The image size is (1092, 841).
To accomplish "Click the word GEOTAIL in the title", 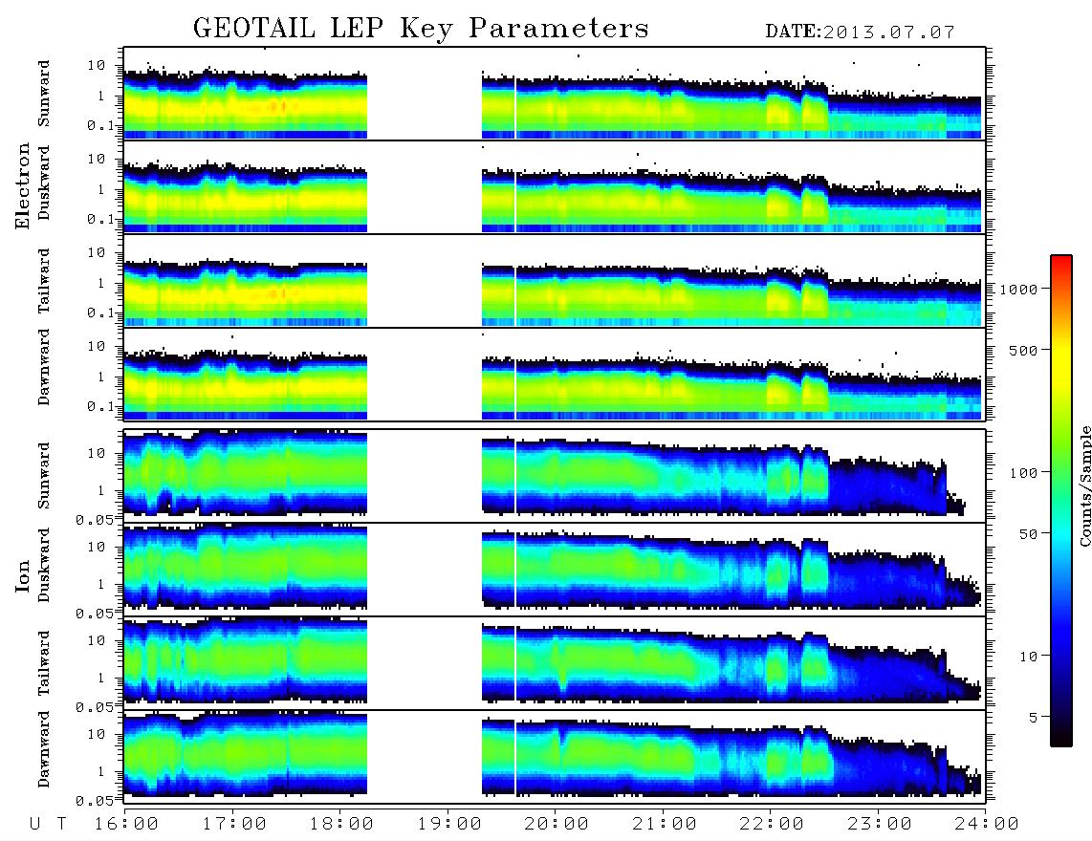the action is click(x=254, y=29).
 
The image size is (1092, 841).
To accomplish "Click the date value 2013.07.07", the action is click(x=888, y=32).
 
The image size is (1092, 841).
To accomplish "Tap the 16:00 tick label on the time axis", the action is click(x=127, y=825).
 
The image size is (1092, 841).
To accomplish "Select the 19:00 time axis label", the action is click(x=449, y=825).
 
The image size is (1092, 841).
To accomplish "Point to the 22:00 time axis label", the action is click(x=772, y=825).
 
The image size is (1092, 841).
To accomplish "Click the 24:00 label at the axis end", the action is click(x=987, y=825).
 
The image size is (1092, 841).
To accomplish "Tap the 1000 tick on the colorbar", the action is click(x=1019, y=290).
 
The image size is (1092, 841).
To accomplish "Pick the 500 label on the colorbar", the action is click(x=1024, y=350).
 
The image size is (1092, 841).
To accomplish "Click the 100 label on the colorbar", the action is click(x=1024, y=473).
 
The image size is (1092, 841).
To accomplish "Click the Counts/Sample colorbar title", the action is click(x=1084, y=485).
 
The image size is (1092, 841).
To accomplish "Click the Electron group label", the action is click(x=23, y=185).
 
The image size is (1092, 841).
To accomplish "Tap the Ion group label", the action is click(x=23, y=576).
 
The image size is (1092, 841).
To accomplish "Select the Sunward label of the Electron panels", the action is click(x=44, y=94).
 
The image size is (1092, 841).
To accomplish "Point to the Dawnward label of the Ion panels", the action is click(x=44, y=748).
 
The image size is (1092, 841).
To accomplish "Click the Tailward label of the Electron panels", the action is click(x=44, y=281).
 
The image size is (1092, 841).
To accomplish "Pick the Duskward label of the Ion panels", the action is click(x=44, y=565).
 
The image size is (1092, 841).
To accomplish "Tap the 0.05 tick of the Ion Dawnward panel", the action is click(x=95, y=801).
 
